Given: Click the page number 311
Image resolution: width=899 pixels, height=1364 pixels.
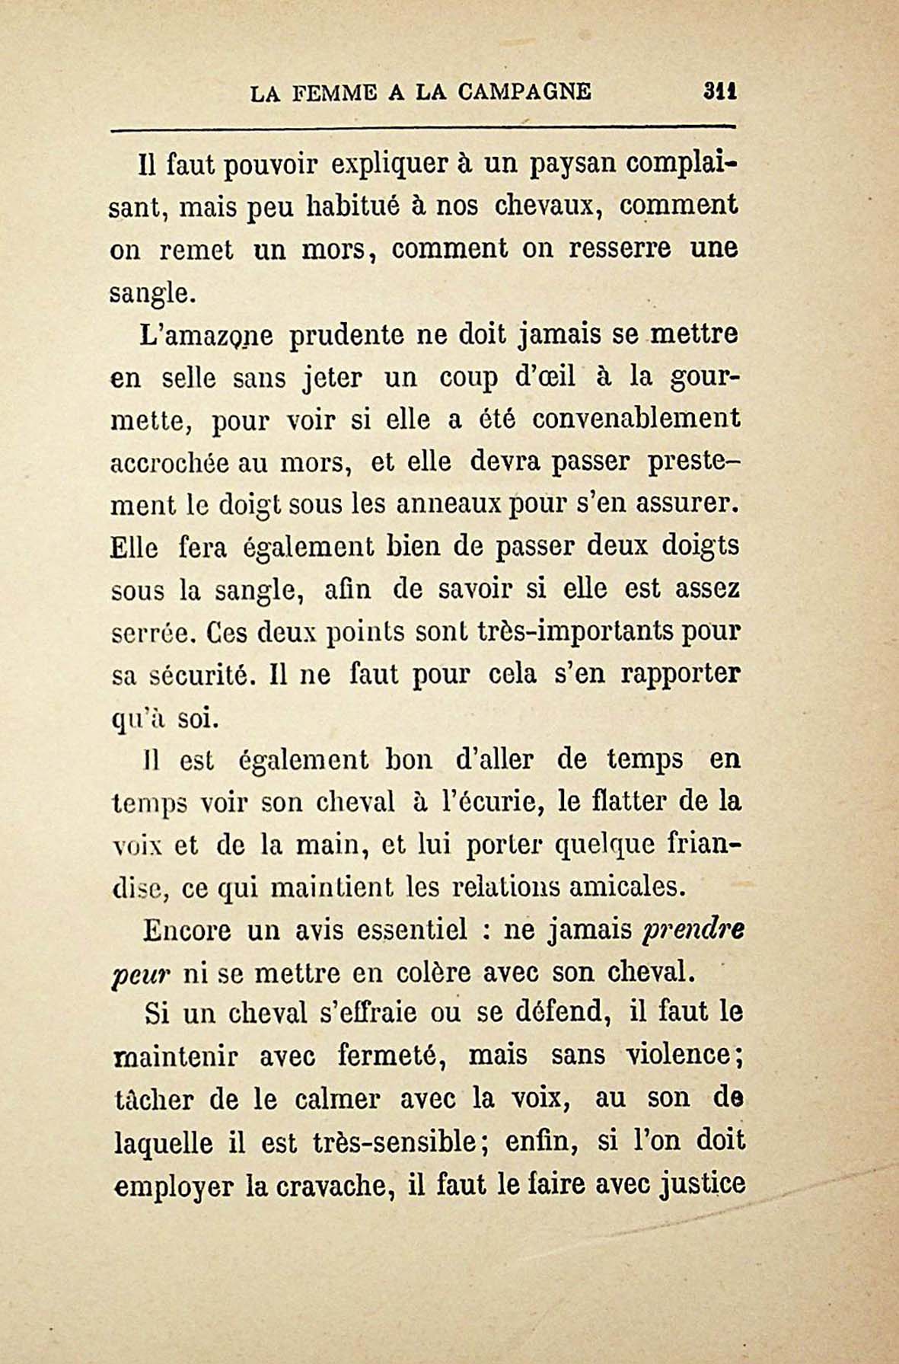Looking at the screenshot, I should point(722,93).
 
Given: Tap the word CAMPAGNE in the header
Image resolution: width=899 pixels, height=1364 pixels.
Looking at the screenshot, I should point(524,93).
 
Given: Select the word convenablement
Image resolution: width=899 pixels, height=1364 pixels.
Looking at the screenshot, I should point(636,420).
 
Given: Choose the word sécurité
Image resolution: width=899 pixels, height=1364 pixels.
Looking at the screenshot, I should point(197,674).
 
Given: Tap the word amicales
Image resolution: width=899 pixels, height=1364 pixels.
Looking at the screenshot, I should point(617,886).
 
